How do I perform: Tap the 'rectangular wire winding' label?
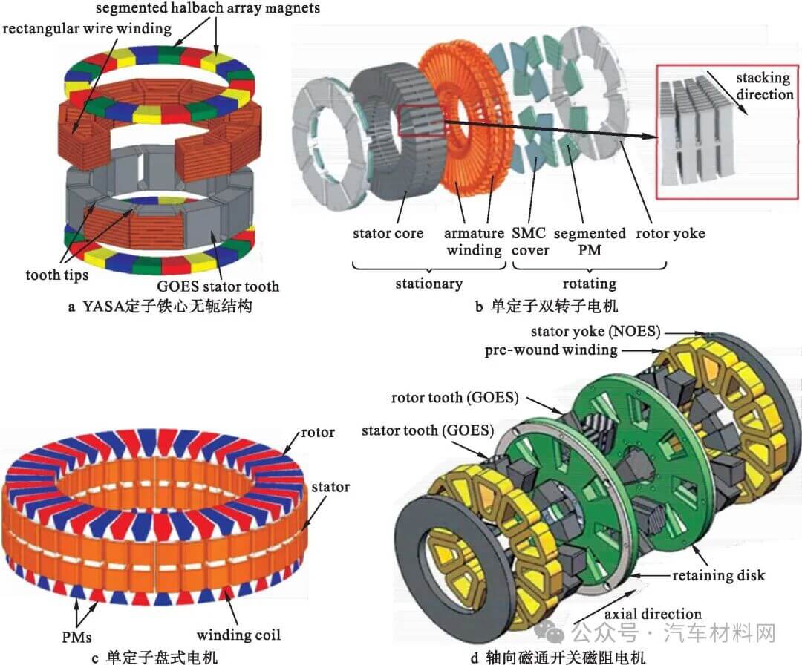pos(88,30)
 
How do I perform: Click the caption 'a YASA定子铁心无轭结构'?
pos(156,307)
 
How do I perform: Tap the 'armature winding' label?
pos(474,241)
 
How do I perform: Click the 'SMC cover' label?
pos(529,241)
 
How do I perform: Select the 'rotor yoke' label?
pos(671,234)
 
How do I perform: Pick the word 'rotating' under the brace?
pos(589,284)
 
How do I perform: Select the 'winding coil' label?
pos(238,635)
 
